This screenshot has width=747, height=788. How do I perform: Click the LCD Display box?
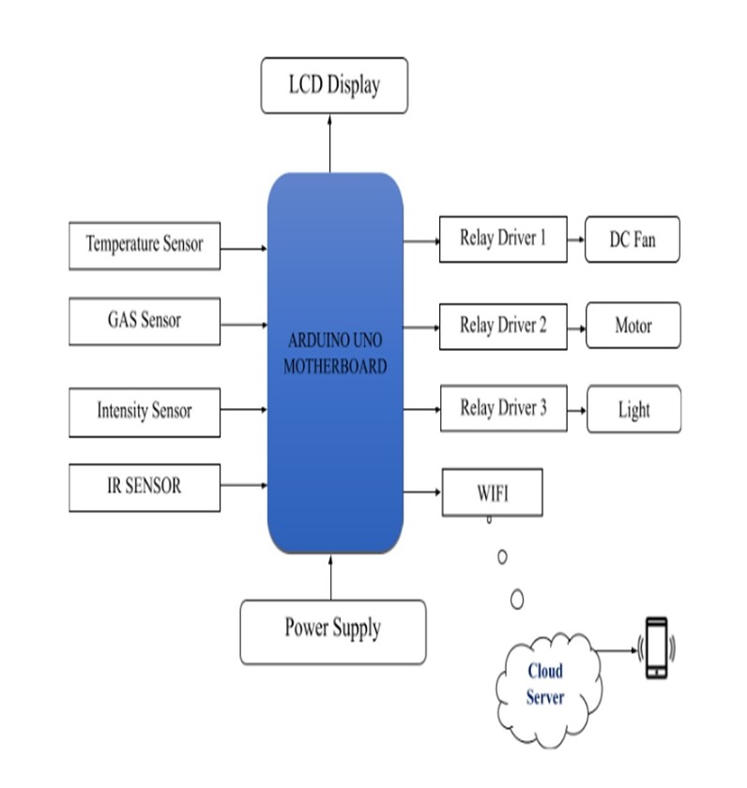click(334, 85)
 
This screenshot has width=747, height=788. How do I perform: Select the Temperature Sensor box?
click(145, 245)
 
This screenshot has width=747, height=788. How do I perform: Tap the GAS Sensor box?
click(145, 321)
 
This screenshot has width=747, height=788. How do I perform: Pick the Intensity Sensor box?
click(145, 412)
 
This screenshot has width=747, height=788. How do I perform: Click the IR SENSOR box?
click(145, 487)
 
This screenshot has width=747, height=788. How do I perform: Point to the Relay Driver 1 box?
click(503, 239)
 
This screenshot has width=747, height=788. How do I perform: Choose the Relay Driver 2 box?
click(503, 326)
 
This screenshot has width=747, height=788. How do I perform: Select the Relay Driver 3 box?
click(503, 409)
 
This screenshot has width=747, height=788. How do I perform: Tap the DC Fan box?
click(633, 240)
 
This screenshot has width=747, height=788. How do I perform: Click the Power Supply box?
click(333, 628)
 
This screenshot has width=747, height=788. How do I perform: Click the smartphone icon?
click(656, 647)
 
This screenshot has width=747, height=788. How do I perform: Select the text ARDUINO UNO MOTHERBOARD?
click(335, 352)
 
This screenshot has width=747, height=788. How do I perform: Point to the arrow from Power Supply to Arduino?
click(331, 576)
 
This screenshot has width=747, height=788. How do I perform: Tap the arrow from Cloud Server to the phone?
click(617, 649)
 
